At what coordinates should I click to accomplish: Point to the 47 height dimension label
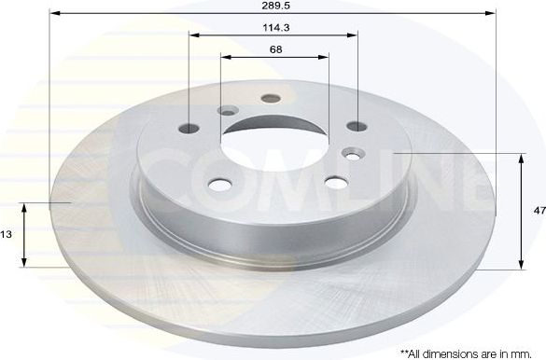pyautogui.click(x=539, y=212)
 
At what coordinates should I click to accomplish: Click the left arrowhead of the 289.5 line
pyautogui.click(x=52, y=15)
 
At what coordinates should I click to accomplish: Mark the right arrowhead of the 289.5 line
pyautogui.click(x=492, y=15)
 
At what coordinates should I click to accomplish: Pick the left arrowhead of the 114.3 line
pyautogui.click(x=193, y=35)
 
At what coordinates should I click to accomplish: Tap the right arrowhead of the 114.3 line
pyautogui.click(x=354, y=35)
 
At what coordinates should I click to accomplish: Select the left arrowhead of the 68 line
pyautogui.click(x=225, y=57)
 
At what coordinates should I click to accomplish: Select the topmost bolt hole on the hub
pyautogui.click(x=272, y=98)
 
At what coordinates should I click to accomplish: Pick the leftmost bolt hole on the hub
pyautogui.click(x=191, y=129)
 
